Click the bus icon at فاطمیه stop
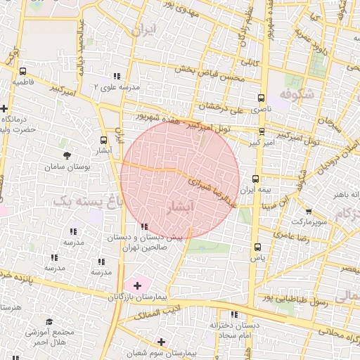(x=23, y=71)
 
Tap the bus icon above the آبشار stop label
(x=104, y=140)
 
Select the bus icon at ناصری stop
(x=262, y=98)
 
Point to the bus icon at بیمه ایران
(x=255, y=179)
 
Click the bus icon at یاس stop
(x=257, y=247)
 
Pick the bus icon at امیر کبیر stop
(x=262, y=131)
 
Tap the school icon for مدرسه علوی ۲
(x=117, y=76)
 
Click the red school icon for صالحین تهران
(x=145, y=226)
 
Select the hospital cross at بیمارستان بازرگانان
(x=138, y=285)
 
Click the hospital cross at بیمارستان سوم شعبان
(x=162, y=342)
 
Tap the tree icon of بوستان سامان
(x=67, y=155)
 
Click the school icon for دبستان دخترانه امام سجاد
(x=234, y=314)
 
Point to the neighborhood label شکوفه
(x=295, y=93)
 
